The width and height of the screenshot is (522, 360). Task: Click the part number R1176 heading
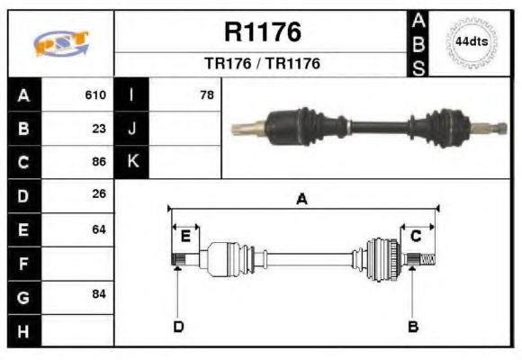(262, 33)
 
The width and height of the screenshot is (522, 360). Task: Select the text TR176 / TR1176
(262, 64)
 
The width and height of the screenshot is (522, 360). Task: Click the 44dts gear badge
(471, 42)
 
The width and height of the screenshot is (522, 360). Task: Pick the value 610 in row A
(95, 94)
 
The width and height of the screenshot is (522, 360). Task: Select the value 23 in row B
(99, 128)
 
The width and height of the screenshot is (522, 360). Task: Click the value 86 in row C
(99, 162)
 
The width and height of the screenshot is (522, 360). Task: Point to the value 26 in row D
(99, 194)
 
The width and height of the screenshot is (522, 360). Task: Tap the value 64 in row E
(99, 229)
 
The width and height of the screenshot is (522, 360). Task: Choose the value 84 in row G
(99, 294)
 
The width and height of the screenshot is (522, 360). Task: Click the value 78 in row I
(206, 94)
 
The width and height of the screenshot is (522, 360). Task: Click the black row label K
(132, 162)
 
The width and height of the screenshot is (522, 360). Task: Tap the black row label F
(24, 263)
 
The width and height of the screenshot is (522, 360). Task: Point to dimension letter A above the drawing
(301, 200)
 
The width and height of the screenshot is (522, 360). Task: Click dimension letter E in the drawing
(185, 236)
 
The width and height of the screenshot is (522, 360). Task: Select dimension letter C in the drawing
(416, 236)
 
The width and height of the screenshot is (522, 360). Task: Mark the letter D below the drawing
(177, 326)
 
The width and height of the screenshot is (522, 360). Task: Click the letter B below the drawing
(412, 326)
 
